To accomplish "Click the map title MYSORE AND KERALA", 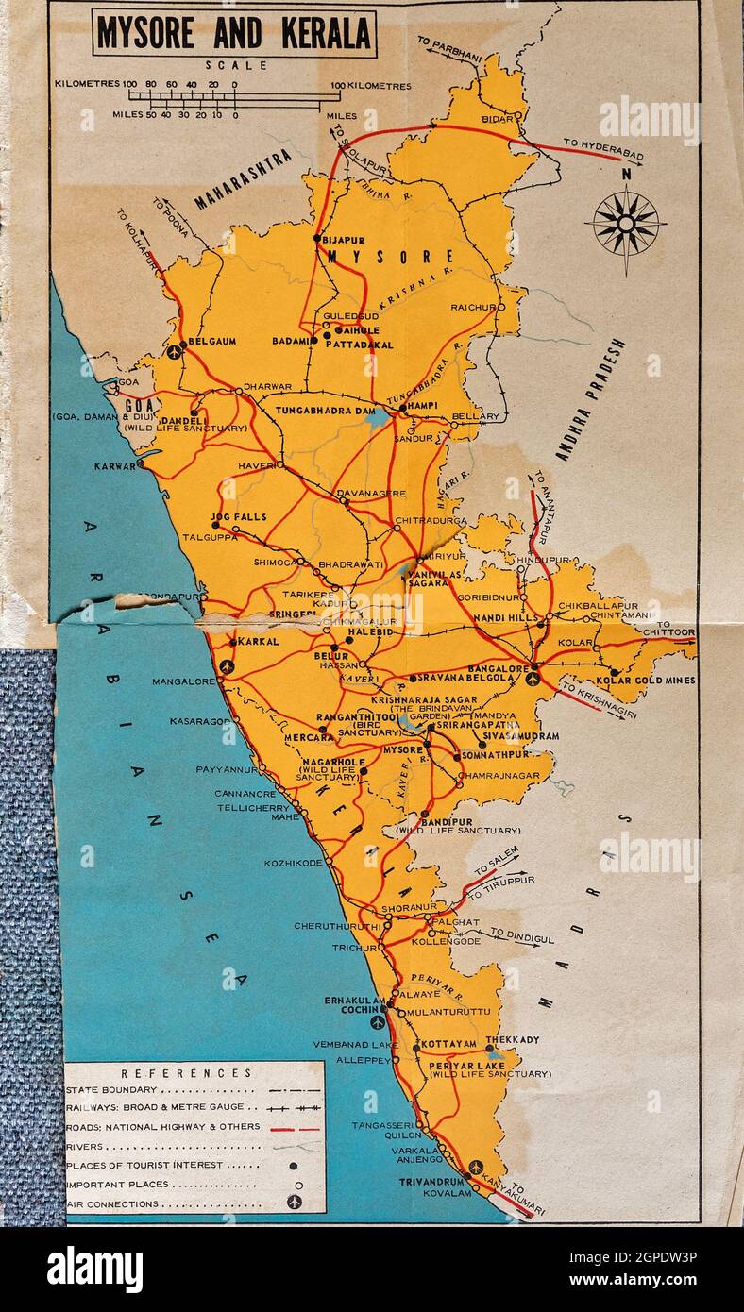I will tap(235, 34).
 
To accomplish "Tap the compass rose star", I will tap(625, 225).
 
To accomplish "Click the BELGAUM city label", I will tap(212, 341).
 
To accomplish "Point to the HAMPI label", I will tap(423, 405).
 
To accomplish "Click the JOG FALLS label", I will tap(239, 517).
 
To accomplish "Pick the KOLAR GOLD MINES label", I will tap(646, 680).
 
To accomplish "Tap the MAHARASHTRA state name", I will tap(243, 179).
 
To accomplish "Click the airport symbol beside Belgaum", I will tap(174, 352).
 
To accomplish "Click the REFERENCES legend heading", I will tap(187, 1072).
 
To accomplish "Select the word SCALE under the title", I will tap(236, 65).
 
